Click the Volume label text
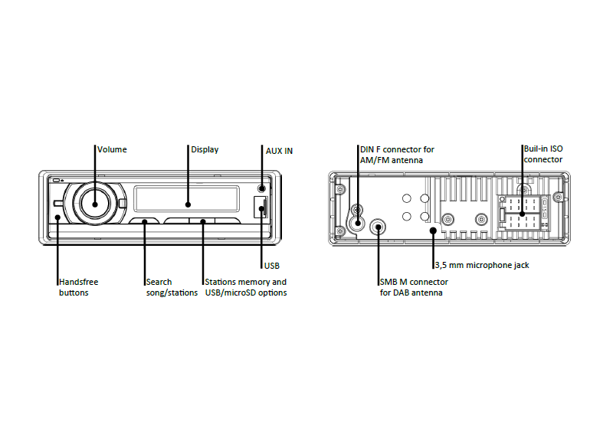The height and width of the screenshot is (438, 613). (112, 149)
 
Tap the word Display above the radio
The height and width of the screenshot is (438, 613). (205, 149)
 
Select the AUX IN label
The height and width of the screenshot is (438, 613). (279, 151)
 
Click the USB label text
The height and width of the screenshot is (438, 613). (272, 266)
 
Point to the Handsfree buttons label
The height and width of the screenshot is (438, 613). (79, 287)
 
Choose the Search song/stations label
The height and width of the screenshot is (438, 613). (172, 287)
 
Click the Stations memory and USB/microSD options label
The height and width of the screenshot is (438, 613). (246, 287)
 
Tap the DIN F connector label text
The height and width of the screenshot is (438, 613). (397, 155)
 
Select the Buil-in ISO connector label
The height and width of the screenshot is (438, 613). (543, 154)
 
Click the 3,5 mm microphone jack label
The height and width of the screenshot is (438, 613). (482, 265)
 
